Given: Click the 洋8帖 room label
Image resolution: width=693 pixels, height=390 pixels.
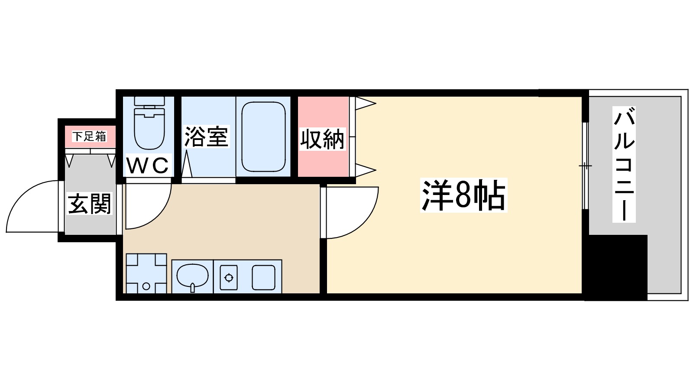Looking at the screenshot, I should pos(463,196).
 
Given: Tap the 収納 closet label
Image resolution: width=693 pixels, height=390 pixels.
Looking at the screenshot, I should pos(323,140).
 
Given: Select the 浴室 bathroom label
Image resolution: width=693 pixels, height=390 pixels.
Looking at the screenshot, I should pos(206,136).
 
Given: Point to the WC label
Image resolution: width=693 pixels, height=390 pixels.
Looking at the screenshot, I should pos(147,165).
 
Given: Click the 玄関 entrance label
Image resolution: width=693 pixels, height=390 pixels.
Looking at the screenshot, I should pos(90,204).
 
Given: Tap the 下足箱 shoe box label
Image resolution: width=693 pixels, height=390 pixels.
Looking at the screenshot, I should pos(89,136).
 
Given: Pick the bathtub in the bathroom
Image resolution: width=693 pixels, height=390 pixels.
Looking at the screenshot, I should pos(263,136).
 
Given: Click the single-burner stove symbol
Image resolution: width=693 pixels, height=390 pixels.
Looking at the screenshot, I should pos(229,277).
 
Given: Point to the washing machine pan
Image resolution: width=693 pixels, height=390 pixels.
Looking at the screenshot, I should pos(146,273).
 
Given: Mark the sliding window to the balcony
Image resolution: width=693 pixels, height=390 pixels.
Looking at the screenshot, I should pos(585,166).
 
